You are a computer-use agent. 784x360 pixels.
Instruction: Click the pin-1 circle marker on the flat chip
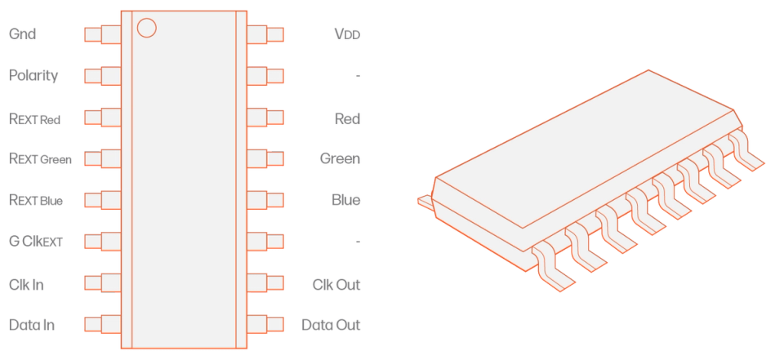pos(146,28)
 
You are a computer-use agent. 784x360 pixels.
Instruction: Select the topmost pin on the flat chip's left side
pos(101,34)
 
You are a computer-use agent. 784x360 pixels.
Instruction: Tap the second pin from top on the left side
pos(101,76)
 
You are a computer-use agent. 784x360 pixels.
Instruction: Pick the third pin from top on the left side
pos(101,118)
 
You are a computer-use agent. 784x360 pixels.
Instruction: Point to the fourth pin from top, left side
pos(101,158)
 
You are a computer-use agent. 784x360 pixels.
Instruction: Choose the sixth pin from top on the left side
pos(101,242)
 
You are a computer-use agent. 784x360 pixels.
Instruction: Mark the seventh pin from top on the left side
pos(101,282)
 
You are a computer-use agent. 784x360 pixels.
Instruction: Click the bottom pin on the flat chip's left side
pos(101,324)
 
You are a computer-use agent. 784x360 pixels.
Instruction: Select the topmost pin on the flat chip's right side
pos(267,34)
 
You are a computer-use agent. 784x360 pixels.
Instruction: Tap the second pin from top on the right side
pos(267,76)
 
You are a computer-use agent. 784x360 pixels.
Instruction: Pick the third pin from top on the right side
pos(267,118)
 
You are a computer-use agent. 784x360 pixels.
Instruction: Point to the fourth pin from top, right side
pos(267,158)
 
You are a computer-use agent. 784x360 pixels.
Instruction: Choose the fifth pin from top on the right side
pos(267,200)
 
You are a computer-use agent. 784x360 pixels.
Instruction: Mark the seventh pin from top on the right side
pos(267,282)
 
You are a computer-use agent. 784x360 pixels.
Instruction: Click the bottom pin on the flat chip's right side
pos(267,324)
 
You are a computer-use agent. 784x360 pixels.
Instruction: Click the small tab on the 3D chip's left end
pos(425,198)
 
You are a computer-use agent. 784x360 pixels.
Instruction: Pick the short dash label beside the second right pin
pos(358,76)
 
